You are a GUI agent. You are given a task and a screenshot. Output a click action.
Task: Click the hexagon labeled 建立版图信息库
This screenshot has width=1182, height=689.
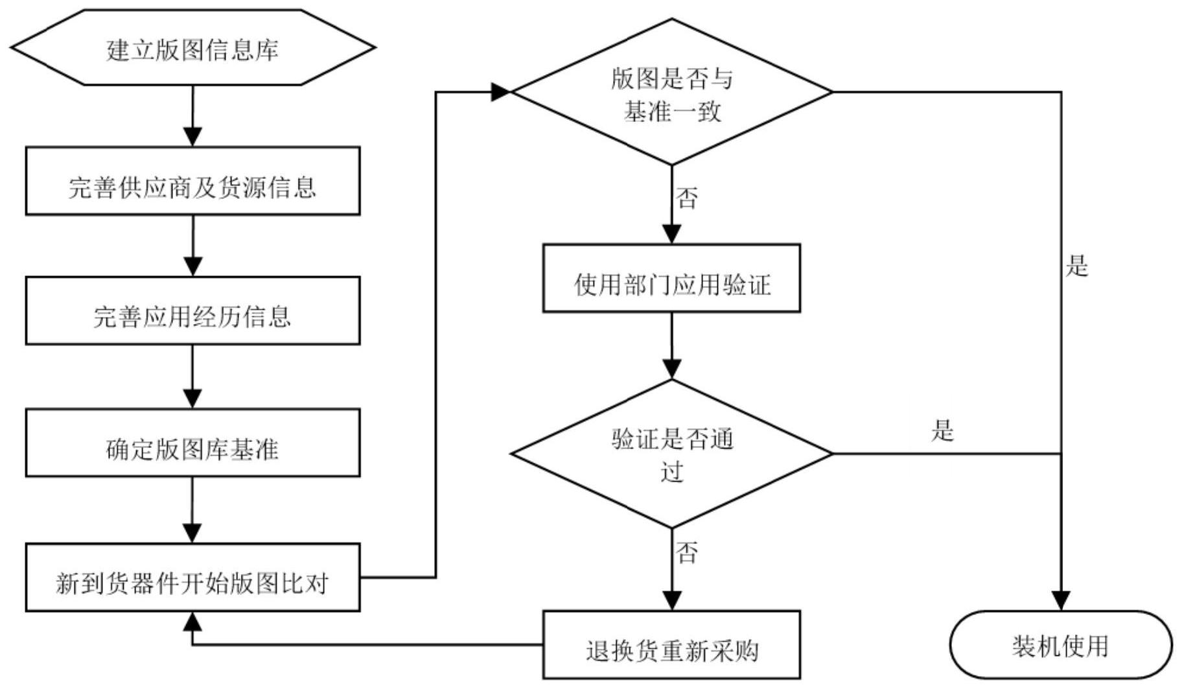[192, 48]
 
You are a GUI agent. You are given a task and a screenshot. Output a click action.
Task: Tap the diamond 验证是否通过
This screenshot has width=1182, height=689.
[672, 454]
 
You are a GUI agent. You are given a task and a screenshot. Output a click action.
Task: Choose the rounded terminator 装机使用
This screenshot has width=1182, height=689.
[1061, 645]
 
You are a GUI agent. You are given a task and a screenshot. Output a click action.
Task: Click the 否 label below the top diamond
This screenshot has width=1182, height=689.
[687, 198]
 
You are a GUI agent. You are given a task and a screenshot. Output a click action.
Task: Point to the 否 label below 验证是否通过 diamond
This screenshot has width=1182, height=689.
[687, 552]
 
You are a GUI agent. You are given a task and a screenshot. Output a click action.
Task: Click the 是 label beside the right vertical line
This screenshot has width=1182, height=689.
[1077, 266]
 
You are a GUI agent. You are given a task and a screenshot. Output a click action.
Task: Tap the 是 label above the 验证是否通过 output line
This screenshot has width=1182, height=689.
[943, 430]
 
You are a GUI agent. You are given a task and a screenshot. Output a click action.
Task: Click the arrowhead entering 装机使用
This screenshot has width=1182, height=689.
[1061, 600]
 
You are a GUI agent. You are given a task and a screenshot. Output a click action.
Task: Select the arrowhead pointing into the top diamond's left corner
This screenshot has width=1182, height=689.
[501, 92]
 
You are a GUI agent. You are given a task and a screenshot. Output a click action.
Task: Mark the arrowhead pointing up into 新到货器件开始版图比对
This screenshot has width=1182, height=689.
[192, 621]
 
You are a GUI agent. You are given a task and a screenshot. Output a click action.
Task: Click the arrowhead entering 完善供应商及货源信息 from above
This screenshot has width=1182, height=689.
[192, 137]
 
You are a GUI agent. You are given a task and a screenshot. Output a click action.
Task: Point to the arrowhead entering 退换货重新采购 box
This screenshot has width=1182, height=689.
[671, 600]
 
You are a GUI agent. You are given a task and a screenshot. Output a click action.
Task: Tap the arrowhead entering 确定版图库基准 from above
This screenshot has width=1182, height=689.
[192, 398]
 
